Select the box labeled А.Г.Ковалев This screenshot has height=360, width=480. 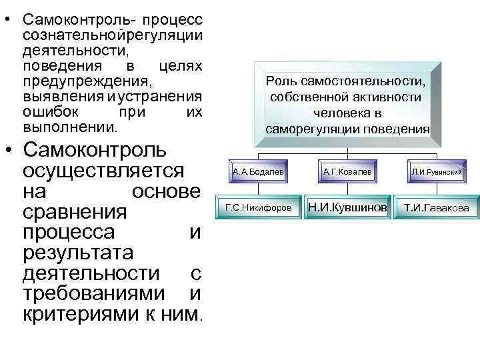click(x=347, y=172)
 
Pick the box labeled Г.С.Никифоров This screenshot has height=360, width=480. click(x=259, y=208)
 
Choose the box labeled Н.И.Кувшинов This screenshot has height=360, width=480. click(x=347, y=208)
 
